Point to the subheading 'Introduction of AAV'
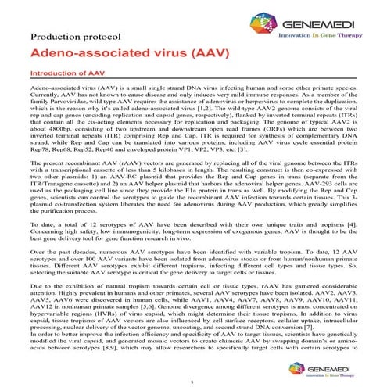pos(61,77)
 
